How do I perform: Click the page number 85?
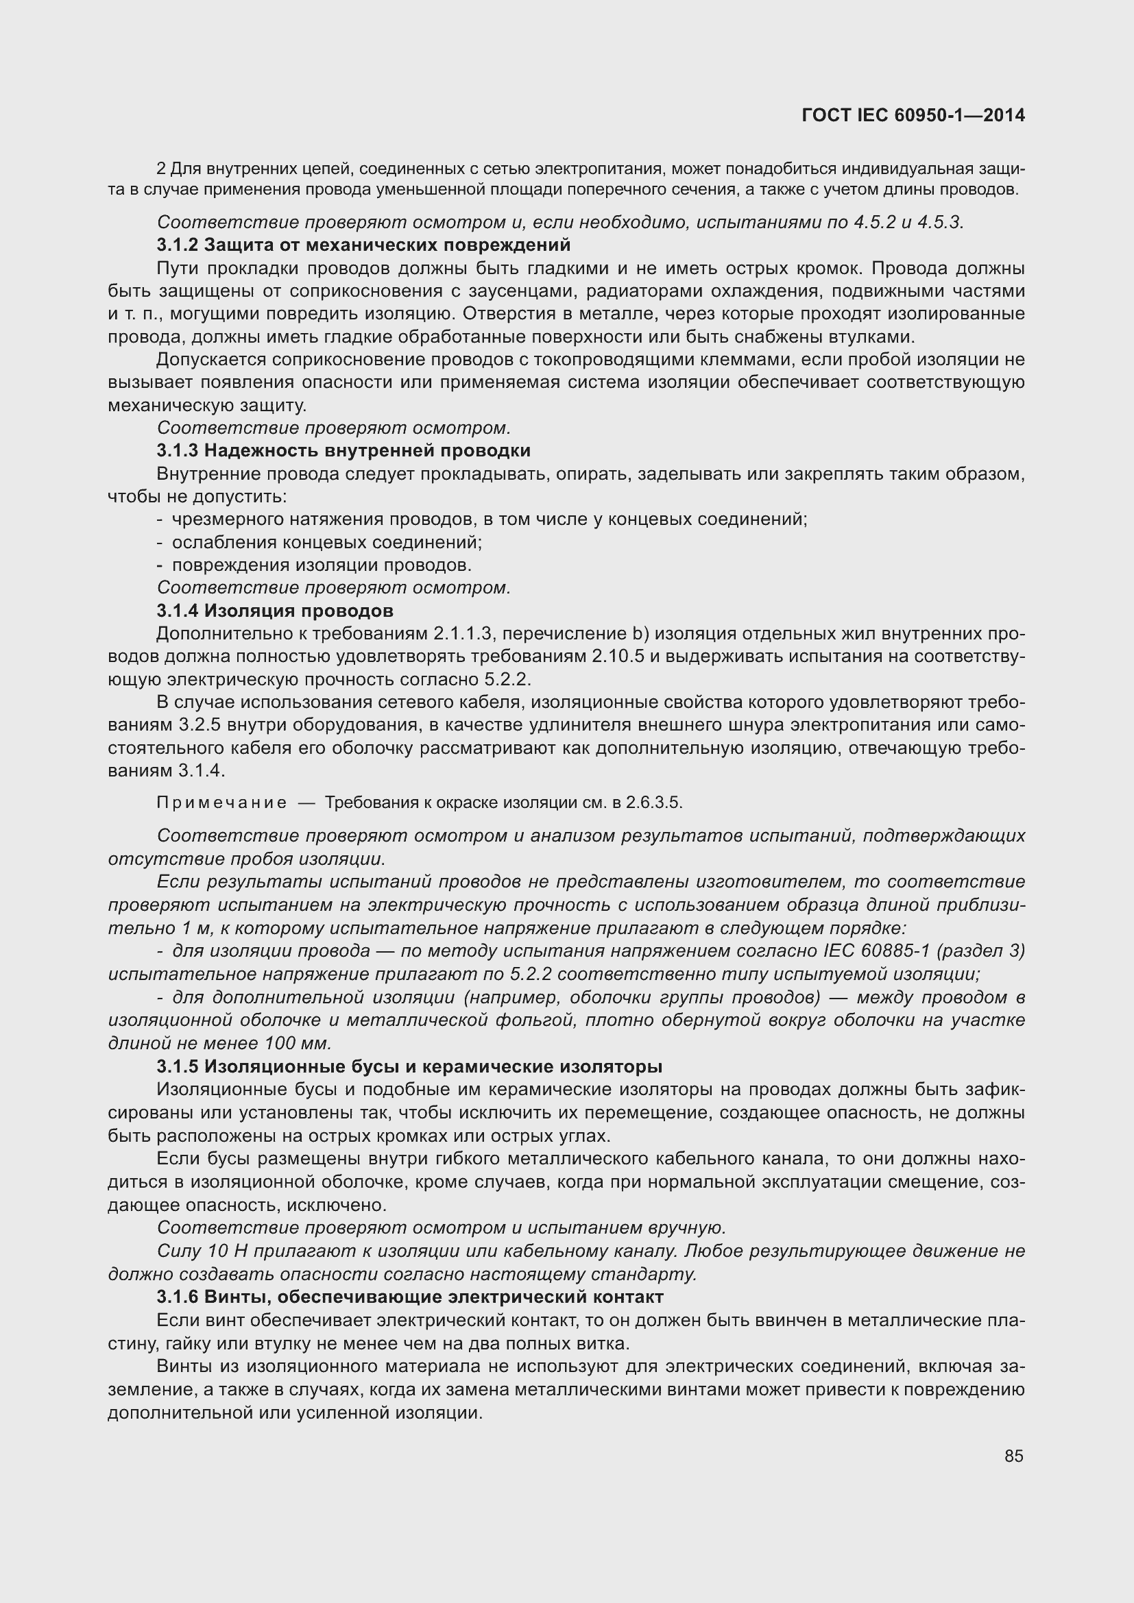point(1013,1456)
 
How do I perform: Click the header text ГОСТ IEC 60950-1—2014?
point(913,115)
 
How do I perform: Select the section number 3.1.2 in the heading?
point(178,245)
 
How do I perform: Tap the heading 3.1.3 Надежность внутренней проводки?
point(343,450)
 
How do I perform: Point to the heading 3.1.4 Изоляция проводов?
point(274,611)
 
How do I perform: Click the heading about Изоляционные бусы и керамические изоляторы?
point(409,1067)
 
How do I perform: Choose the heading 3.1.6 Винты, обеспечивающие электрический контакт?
point(410,1297)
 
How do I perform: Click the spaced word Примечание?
point(221,803)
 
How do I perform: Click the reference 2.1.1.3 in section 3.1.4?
point(463,634)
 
